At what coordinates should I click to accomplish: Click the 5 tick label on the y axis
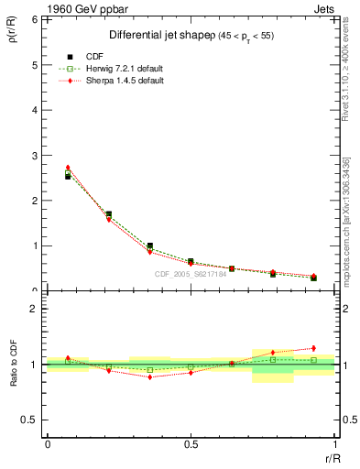(35, 65)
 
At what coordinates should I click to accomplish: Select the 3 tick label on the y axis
(35, 156)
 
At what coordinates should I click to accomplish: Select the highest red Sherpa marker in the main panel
(68, 168)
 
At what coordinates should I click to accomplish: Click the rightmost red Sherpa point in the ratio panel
(313, 348)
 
